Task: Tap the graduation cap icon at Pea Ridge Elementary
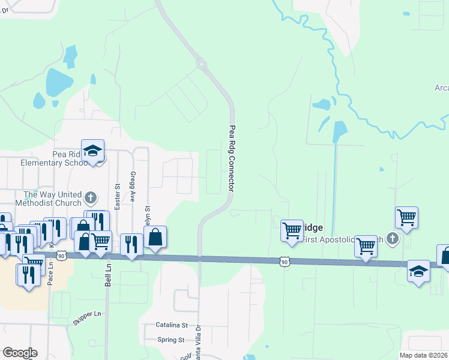[x=93, y=151]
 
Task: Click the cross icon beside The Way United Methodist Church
[x=90, y=197]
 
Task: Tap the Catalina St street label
[x=172, y=325]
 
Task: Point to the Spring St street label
[x=171, y=340]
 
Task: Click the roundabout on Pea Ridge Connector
[x=201, y=64]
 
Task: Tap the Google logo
[x=20, y=353]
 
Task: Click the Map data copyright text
[x=424, y=355]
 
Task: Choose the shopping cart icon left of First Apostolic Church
[x=366, y=245]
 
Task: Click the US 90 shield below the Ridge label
[x=285, y=261]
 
